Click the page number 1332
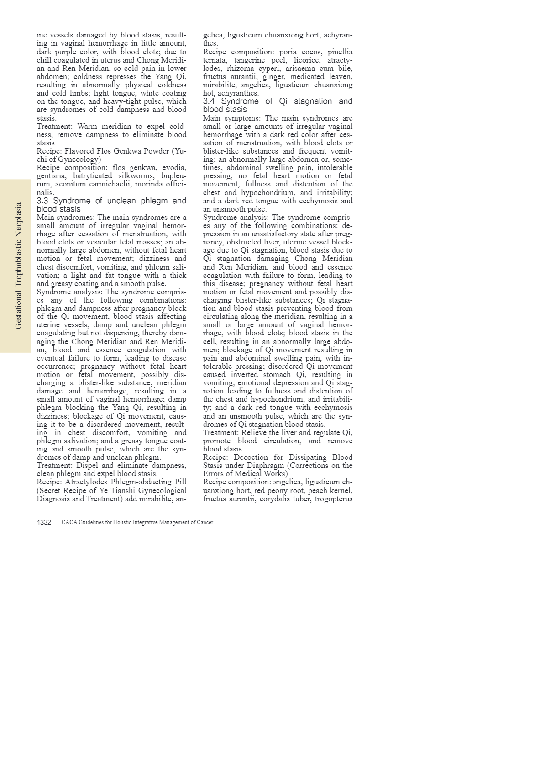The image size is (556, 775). coord(44,522)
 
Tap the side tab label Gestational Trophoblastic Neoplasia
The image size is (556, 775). coord(18,266)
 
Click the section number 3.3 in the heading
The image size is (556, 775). coord(42,201)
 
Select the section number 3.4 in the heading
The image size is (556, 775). coord(209,101)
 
